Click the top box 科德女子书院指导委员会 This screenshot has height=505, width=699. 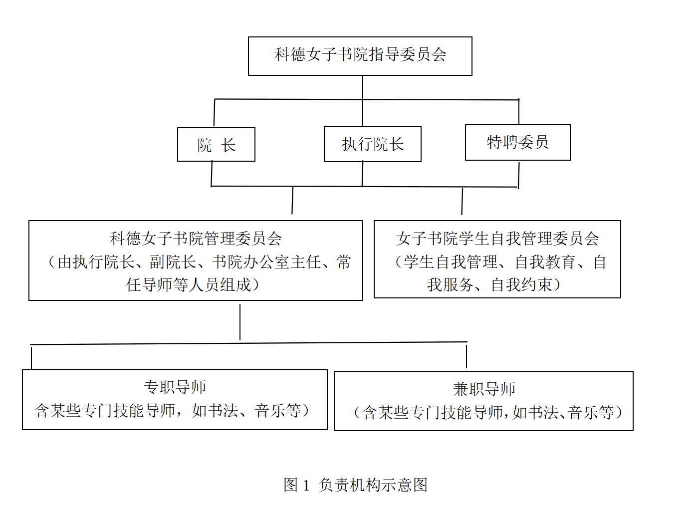(x=360, y=56)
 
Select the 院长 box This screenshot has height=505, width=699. (x=216, y=145)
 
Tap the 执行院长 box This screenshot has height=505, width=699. (x=373, y=144)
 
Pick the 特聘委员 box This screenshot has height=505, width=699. (x=518, y=143)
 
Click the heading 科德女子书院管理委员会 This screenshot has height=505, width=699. (x=196, y=239)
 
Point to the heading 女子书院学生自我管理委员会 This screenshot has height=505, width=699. (x=497, y=239)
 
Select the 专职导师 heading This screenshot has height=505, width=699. (x=175, y=387)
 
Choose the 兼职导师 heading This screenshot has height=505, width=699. (x=484, y=389)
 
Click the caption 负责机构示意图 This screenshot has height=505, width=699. (x=373, y=485)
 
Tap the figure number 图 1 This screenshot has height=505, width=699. (x=296, y=485)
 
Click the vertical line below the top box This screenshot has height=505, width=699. (x=363, y=100)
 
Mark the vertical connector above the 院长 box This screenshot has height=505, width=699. (x=215, y=113)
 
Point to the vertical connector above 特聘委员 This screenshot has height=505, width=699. (x=519, y=111)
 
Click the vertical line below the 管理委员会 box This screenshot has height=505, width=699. (x=240, y=322)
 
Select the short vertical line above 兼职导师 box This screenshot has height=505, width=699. (x=466, y=356)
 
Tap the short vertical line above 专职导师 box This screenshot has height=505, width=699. (x=31, y=358)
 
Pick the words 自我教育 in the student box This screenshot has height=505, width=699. (x=545, y=262)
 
